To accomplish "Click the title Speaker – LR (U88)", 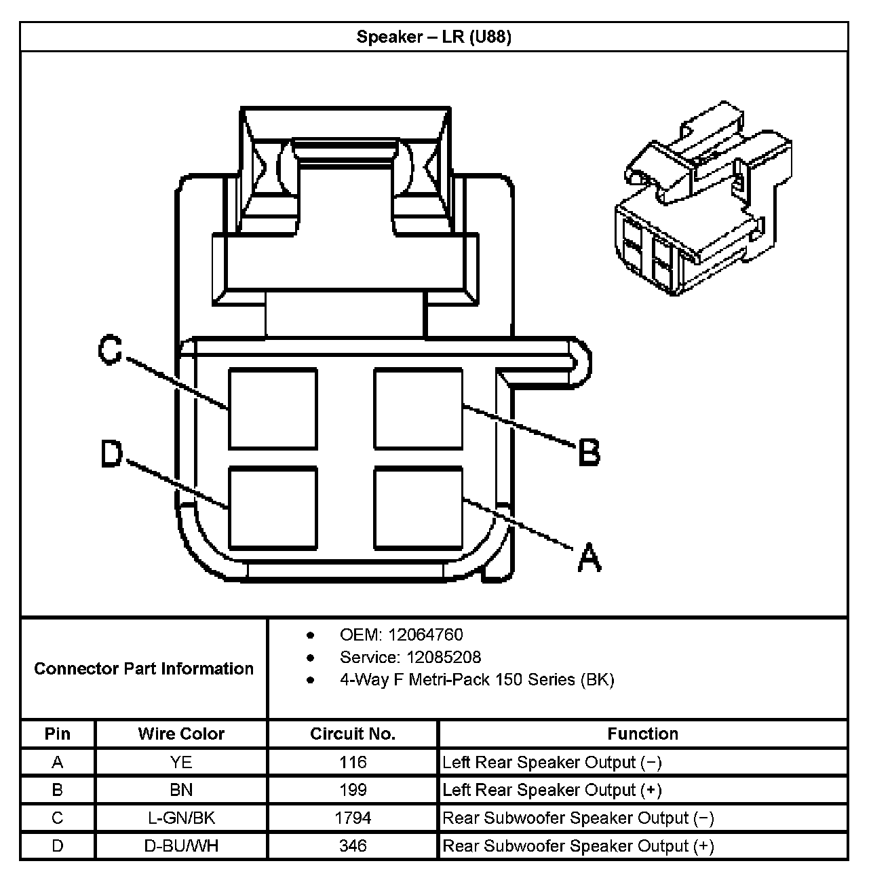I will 433,37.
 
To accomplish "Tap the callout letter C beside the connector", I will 109,351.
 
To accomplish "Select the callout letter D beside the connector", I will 111,453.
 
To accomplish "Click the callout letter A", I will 589,557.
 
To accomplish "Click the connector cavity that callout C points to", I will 273,408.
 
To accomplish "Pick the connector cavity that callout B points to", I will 419,408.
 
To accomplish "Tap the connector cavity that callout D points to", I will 273,507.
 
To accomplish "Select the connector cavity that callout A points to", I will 419,507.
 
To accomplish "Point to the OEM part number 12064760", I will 425,635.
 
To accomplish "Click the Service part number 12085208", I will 444,658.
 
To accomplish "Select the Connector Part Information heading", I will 144,669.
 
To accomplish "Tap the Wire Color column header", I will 181,734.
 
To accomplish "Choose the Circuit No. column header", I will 353,734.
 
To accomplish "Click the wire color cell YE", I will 181,763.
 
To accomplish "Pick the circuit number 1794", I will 353,818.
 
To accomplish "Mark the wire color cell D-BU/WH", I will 181,846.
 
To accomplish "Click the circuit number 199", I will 353,791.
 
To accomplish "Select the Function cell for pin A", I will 552,763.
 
